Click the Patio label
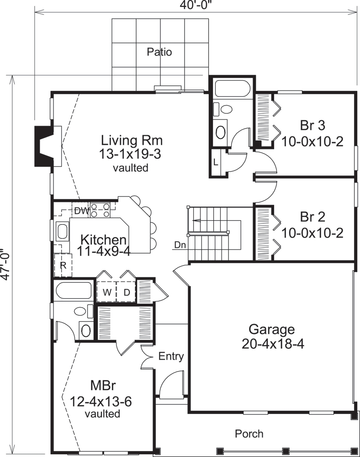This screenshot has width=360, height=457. [159, 52]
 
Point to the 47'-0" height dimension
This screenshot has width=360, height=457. [6, 264]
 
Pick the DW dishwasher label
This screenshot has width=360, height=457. [81, 211]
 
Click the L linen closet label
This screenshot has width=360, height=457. [216, 161]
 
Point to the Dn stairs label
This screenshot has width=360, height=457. [180, 245]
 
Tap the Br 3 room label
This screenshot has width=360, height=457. [312, 125]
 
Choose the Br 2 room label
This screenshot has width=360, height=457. [312, 216]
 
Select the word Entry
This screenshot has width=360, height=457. [171, 356]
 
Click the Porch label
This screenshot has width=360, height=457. [249, 433]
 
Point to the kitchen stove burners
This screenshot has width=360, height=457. [100, 210]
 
